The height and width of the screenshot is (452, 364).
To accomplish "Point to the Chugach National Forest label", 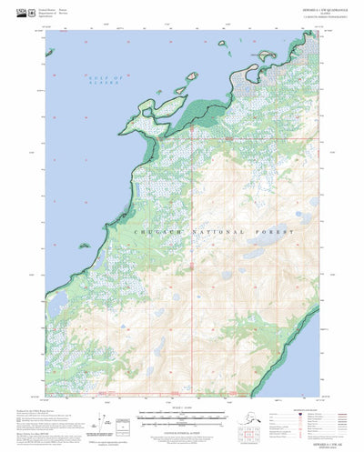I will click(x=215, y=233).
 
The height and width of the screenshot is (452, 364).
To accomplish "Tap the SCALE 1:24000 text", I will click(x=182, y=407).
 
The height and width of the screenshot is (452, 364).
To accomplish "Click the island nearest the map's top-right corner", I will click(x=267, y=55).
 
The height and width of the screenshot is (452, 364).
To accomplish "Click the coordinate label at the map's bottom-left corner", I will click(x=46, y=397).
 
